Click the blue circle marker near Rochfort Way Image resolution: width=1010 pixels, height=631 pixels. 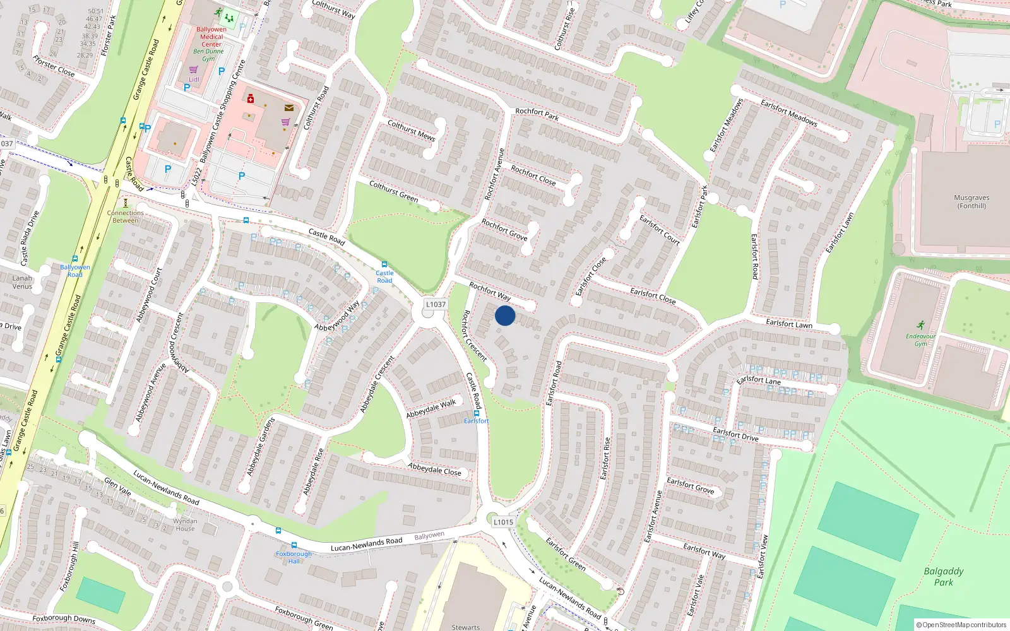(x=505, y=315)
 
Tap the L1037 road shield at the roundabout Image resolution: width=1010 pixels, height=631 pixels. (x=436, y=304)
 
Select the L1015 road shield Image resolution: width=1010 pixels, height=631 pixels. (x=503, y=522)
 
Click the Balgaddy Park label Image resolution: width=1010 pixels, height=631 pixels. (x=944, y=577)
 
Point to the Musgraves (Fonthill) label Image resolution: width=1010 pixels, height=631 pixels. (x=971, y=201)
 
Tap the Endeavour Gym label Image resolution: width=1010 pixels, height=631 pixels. (x=920, y=339)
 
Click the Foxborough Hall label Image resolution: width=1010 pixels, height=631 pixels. (x=294, y=557)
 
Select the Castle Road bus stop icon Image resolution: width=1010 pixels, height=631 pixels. (x=384, y=265)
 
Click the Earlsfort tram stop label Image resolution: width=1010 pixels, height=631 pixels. (x=476, y=421)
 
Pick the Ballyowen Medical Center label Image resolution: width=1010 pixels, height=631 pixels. (x=211, y=37)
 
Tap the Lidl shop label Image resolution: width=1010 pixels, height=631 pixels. (x=194, y=80)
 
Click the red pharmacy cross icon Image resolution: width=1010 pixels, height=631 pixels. (x=251, y=98)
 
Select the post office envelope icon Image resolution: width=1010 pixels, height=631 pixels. (x=289, y=108)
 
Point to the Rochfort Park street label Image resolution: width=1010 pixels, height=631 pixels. (x=537, y=114)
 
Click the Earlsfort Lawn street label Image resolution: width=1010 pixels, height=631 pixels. (x=789, y=324)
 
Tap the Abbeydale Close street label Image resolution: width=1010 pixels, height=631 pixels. (x=434, y=469)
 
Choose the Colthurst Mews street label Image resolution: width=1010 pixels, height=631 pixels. (x=411, y=130)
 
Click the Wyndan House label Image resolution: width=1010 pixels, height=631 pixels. (x=185, y=524)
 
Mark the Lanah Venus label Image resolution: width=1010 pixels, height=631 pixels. (x=22, y=282)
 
